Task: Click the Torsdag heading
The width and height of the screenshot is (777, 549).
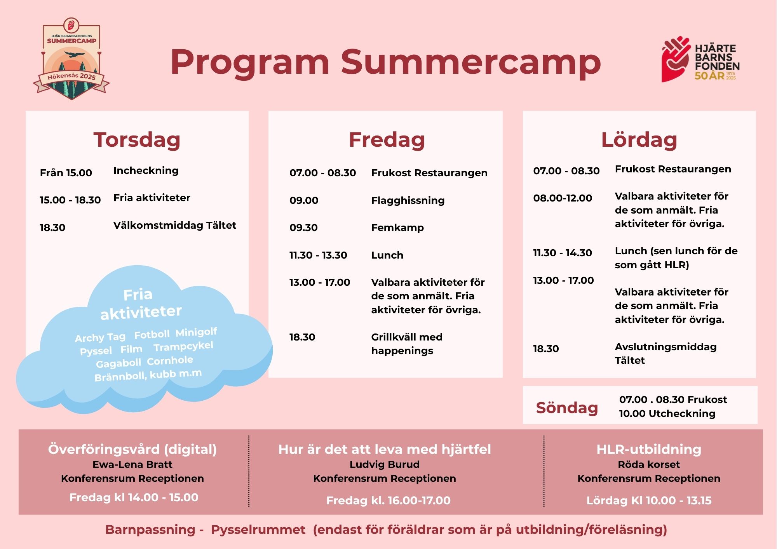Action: click(137, 140)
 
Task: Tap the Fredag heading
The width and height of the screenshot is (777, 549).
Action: click(387, 140)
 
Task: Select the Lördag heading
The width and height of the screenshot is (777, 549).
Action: click(639, 140)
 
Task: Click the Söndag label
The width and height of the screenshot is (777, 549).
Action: click(567, 408)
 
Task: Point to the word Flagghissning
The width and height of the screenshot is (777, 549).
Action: click(408, 201)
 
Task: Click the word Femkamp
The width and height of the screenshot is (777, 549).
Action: click(397, 228)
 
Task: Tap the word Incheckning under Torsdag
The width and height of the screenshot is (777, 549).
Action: click(146, 171)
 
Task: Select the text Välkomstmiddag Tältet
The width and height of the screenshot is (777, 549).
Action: click(175, 225)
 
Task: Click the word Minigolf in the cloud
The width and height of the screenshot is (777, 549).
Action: click(196, 332)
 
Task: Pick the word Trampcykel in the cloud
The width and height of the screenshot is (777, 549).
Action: click(183, 346)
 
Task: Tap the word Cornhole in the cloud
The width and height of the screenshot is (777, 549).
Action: click(170, 361)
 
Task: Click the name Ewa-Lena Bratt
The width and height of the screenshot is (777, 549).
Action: click(132, 464)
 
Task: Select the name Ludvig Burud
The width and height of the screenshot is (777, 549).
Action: click(385, 464)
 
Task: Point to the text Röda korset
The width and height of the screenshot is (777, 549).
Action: click(649, 464)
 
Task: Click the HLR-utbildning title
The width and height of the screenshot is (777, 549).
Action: click(649, 449)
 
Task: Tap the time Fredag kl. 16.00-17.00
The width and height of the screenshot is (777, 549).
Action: click(388, 500)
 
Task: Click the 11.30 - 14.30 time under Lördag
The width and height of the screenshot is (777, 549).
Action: click(563, 253)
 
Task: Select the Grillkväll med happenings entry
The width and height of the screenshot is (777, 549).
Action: click(407, 344)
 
